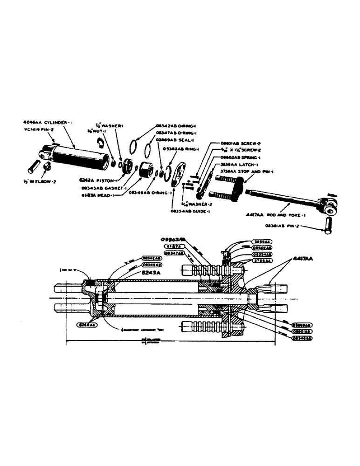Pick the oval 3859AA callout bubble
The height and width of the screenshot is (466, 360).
point(262,242)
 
